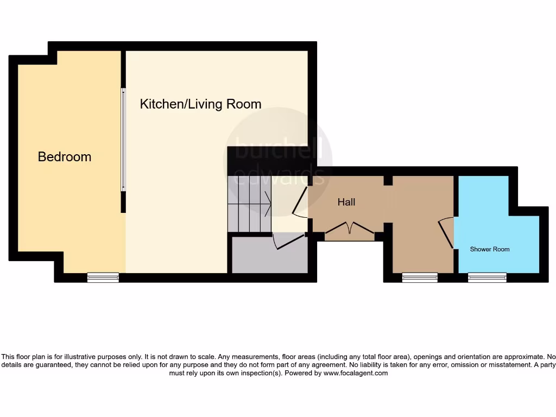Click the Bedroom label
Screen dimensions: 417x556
pyautogui.click(x=64, y=157)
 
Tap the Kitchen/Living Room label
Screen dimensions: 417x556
pyautogui.click(x=200, y=104)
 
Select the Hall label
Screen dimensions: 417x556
pyautogui.click(x=346, y=202)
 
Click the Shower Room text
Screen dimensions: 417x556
pyautogui.click(x=489, y=249)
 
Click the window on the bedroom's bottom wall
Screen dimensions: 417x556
pyautogui.click(x=103, y=277)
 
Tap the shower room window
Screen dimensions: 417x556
pyautogui.click(x=487, y=277)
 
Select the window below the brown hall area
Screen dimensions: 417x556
pyautogui.click(x=420, y=277)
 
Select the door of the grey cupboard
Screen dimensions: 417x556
pyautogui.click(x=289, y=242)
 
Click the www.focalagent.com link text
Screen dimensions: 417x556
pyautogui.click(x=356, y=373)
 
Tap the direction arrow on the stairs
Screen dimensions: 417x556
pyautogui.click(x=267, y=204)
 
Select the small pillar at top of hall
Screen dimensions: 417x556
pyautogui.click(x=388, y=180)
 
